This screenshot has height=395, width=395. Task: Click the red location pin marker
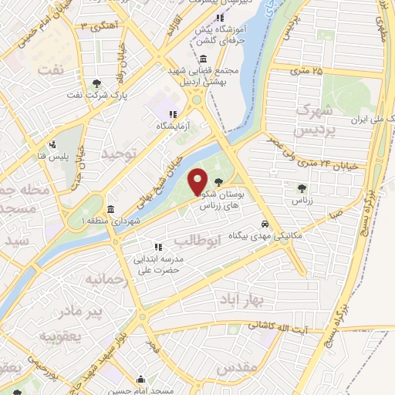coord(197,182)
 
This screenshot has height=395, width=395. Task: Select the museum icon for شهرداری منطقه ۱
coord(111,209)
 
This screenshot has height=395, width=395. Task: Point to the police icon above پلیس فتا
coord(52,143)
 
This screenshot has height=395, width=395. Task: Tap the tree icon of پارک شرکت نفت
coord(96,83)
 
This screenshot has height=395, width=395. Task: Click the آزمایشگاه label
coord(174,125)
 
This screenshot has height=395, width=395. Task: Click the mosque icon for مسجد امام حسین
coord(140,379)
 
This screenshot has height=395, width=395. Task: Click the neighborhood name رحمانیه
coord(106,278)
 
